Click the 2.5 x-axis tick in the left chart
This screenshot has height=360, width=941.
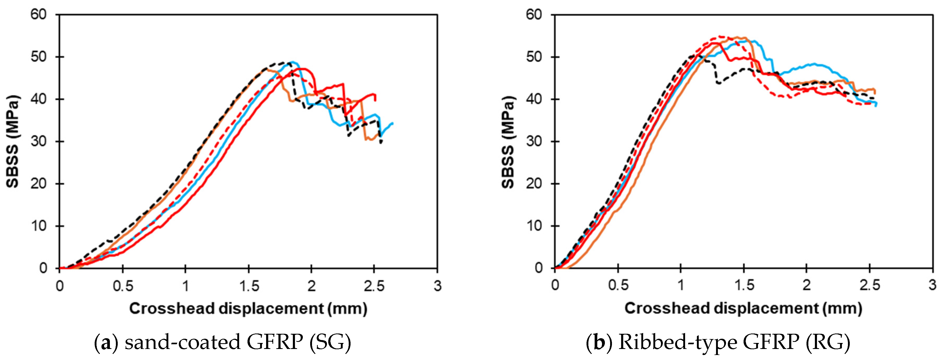[374, 286]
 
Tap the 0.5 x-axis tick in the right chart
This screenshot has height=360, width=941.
[618, 286]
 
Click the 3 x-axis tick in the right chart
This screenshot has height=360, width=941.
[932, 286]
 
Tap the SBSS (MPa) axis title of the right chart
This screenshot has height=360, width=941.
[508, 141]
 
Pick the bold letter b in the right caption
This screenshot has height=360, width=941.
[599, 342]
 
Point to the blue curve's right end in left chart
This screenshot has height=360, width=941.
[392, 123]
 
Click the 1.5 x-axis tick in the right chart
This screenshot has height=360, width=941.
[744, 286]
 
